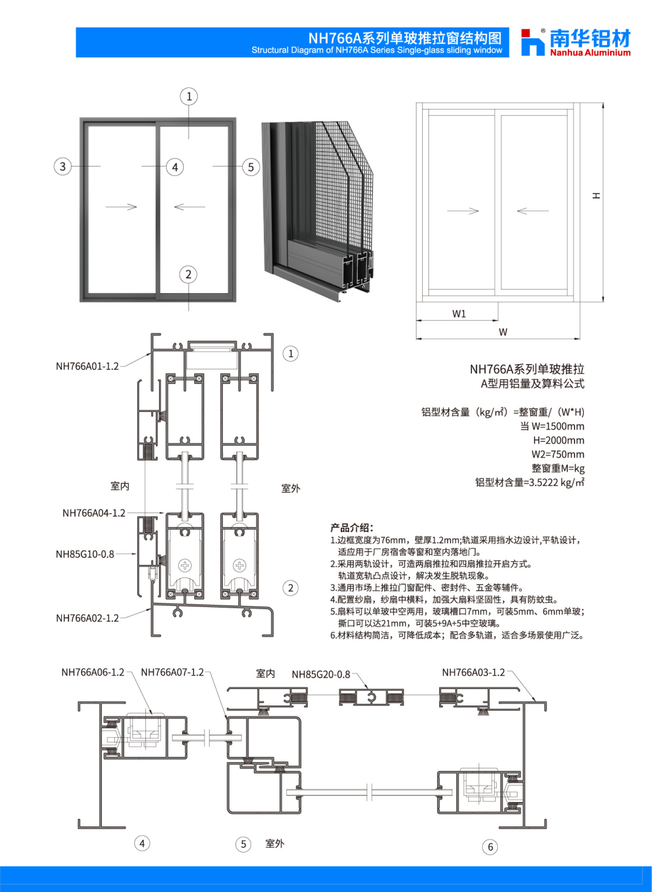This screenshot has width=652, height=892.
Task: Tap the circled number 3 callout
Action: coord(62,166)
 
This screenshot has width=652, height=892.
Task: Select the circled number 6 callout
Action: coord(490,846)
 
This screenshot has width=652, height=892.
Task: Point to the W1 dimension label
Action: coord(459,314)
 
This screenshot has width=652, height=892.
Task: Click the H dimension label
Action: coord(596,195)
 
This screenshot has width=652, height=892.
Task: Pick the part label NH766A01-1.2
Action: coord(87,366)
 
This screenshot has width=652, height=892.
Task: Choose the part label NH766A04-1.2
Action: coord(94,513)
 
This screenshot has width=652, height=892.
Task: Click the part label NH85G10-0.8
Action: coord(85,554)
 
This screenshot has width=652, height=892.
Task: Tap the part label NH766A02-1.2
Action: coord(87,618)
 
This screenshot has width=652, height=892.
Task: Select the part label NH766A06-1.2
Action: coord(93,672)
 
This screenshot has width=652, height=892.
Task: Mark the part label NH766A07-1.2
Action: coord(173,672)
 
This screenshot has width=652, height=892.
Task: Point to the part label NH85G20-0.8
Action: coord(321,674)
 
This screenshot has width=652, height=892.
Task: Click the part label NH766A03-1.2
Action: coord(474,672)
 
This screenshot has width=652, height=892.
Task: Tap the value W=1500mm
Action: coord(558,426)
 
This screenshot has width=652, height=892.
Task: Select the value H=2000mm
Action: coord(559,440)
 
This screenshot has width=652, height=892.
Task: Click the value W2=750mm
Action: coord(558,454)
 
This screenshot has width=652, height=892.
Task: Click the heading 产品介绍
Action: coord(351,527)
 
